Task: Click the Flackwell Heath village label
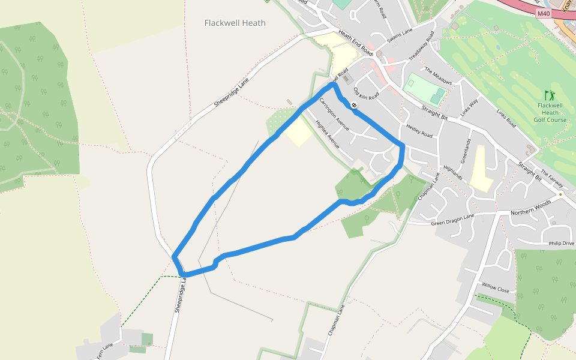point(235,23)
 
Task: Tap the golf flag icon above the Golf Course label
point(549,95)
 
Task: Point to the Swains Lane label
point(400,35)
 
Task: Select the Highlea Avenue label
point(328,134)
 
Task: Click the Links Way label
point(469,107)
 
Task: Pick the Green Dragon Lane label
point(452,220)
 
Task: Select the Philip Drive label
point(561,244)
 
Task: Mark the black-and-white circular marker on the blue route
point(355,106)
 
